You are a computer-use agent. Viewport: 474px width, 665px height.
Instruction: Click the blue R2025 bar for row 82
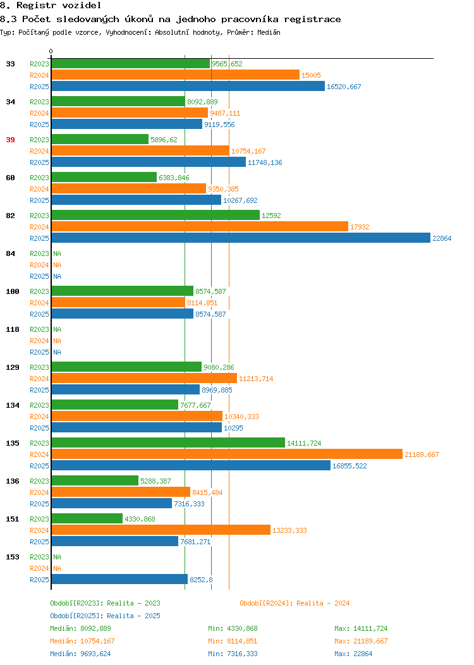tap(241, 238)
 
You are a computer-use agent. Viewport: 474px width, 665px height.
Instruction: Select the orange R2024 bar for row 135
tap(227, 455)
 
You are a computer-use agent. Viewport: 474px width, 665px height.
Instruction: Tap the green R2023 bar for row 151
tap(87, 519)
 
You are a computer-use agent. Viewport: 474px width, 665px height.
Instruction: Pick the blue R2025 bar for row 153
tap(119, 579)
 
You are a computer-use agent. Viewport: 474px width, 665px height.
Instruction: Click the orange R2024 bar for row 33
tap(176, 75)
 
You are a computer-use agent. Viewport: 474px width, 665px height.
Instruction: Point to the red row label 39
tap(10, 140)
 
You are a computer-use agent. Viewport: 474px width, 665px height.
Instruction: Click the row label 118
tap(12, 329)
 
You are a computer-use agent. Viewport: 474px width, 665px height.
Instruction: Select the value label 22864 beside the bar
tap(442, 238)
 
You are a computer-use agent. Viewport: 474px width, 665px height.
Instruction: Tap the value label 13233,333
tap(289, 530)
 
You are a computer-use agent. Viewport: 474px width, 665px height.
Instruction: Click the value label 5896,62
tap(164, 140)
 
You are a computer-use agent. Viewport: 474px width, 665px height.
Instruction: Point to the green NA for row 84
tap(58, 253)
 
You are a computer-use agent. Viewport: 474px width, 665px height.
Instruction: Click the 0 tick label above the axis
tap(51, 52)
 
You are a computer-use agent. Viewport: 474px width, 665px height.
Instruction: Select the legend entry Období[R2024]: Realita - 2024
tap(295, 603)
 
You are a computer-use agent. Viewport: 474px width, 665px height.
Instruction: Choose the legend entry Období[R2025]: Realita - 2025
tap(105, 616)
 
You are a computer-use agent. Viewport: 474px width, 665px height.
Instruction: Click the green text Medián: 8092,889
tap(80, 628)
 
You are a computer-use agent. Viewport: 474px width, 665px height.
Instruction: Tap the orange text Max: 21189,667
tap(361, 641)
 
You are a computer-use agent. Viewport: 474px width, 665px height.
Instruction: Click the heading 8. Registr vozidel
tap(51, 6)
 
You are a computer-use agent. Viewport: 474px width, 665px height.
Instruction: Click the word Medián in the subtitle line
tap(269, 32)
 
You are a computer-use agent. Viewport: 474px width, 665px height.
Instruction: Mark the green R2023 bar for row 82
tap(155, 216)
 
